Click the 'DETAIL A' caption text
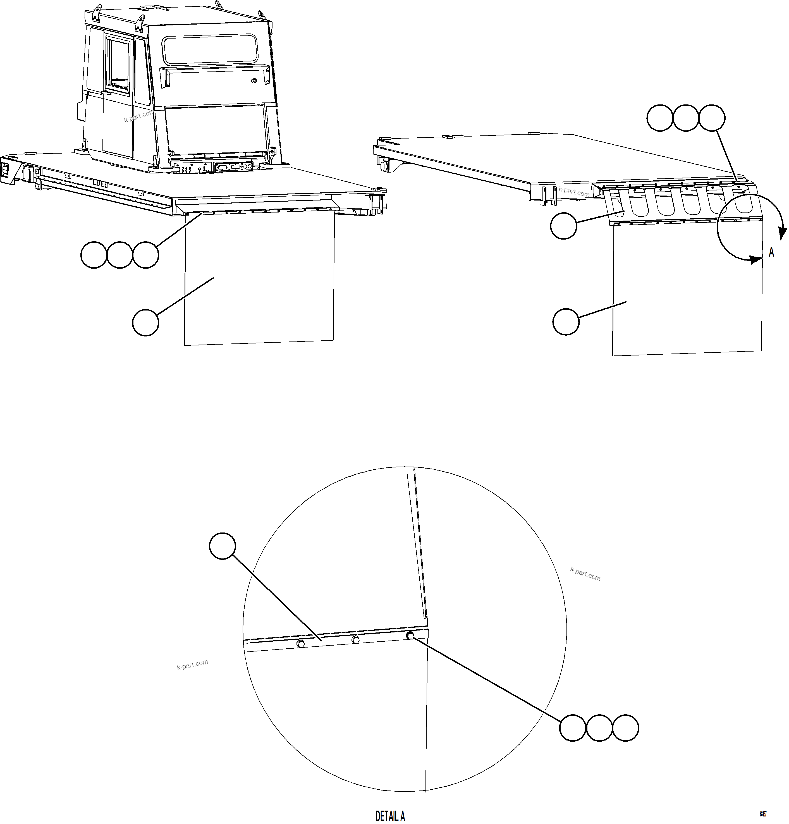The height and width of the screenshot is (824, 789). click(x=390, y=816)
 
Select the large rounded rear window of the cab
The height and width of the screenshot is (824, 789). click(x=210, y=50)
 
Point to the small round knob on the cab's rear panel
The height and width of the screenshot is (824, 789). click(x=254, y=81)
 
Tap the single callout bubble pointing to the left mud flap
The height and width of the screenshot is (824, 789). click(x=145, y=323)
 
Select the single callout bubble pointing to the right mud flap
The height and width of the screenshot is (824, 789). click(x=566, y=322)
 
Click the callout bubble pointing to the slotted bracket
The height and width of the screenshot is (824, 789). click(x=563, y=226)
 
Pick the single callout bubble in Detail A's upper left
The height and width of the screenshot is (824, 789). click(x=222, y=546)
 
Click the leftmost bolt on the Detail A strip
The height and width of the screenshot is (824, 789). click(x=300, y=643)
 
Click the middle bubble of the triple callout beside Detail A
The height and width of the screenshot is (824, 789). click(x=599, y=728)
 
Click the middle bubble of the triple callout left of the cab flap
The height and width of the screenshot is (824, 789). click(x=119, y=255)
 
